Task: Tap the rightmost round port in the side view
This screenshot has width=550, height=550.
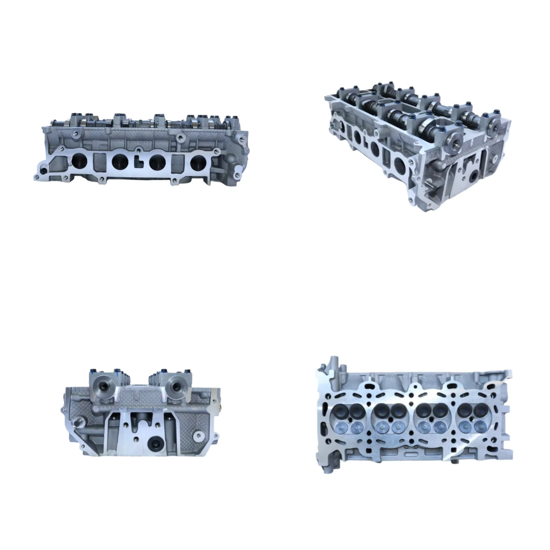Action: tap(199, 161)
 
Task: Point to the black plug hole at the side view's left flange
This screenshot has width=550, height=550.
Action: tap(43, 170)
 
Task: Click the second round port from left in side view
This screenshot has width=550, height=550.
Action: tap(120, 160)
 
